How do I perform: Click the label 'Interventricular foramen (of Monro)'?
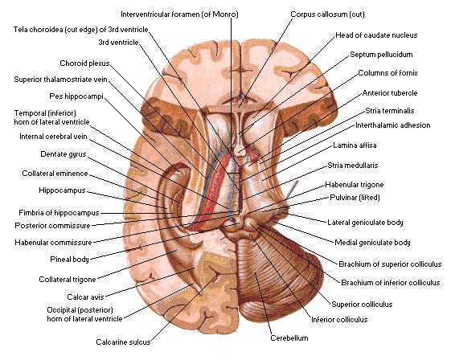(179, 14)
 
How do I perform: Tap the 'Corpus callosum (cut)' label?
(327, 14)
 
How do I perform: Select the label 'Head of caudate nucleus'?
(376, 35)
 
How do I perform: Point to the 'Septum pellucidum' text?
(381, 55)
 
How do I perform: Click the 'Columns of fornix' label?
(387, 73)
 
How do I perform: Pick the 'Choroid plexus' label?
(84, 63)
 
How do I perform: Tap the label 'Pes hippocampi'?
(76, 96)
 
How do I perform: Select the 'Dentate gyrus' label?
(64, 154)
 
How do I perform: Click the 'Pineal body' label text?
(69, 260)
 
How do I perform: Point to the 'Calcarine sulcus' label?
(123, 342)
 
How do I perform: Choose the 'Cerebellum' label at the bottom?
(289, 337)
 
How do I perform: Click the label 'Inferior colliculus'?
(339, 320)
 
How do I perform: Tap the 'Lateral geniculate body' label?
(365, 223)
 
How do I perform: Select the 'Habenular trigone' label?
(355, 185)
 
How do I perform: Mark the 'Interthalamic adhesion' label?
(393, 125)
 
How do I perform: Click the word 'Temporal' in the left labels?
(30, 113)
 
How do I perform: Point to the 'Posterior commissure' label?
(52, 226)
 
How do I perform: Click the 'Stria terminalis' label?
(390, 111)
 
